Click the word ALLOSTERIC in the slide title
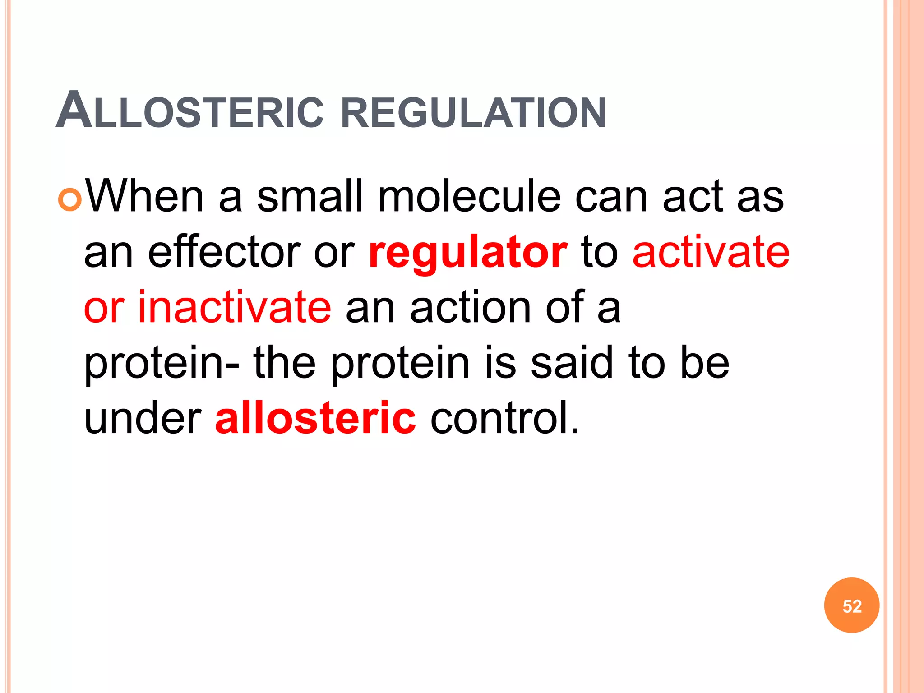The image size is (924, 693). tap(189, 111)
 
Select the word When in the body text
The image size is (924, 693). tap(144, 197)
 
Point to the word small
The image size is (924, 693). tap(310, 197)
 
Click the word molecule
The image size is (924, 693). tap(469, 197)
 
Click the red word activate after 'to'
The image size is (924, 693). tap(711, 252)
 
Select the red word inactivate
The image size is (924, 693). tap(235, 308)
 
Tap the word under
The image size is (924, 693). tap(143, 418)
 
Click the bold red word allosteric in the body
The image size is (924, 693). tap(315, 418)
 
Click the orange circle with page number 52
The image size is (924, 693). tap(851, 605)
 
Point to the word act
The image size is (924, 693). tap(692, 197)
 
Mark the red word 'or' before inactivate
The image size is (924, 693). tap(104, 309)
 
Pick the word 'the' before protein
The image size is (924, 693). tap(284, 363)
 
